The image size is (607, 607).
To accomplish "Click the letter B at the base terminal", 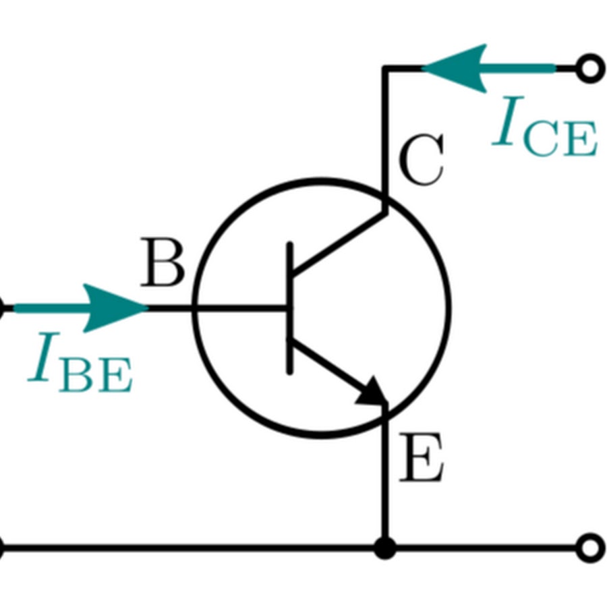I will click(x=163, y=264).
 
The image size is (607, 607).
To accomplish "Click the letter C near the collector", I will click(x=421, y=161).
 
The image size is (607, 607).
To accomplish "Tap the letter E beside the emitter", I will click(x=421, y=459).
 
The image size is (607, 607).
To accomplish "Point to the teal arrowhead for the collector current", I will click(x=459, y=68).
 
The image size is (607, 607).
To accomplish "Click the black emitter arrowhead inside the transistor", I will click(x=373, y=393).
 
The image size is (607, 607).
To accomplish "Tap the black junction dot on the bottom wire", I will click(x=384, y=547).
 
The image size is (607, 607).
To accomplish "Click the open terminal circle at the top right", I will click(x=591, y=68).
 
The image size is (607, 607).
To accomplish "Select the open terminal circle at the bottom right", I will click(x=591, y=547).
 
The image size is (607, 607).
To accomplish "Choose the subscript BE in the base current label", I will click(x=96, y=376).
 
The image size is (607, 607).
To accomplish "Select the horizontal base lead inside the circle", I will click(x=243, y=308).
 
